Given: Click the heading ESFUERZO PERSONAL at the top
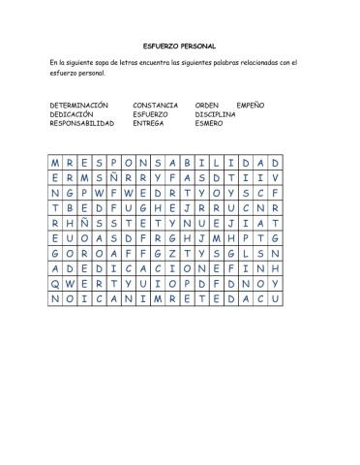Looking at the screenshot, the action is coord(180,46).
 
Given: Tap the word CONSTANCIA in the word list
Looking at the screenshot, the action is coord(155,104).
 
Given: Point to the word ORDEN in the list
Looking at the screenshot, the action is coord(207,104).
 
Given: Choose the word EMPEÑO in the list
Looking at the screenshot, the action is coord(251,104).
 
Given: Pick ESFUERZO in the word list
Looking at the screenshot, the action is coord(151,113).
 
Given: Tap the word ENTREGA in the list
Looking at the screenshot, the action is coord(149,123).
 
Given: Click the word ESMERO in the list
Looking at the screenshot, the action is coord(209,123).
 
